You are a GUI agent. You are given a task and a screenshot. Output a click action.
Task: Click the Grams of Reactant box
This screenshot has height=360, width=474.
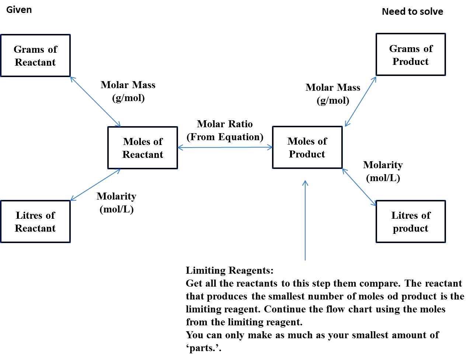35,56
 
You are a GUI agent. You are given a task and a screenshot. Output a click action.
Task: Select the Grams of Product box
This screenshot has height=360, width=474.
411,55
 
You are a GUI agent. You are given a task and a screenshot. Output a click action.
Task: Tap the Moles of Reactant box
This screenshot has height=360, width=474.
143,148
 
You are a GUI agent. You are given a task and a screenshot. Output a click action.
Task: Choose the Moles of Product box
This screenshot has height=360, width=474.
307,148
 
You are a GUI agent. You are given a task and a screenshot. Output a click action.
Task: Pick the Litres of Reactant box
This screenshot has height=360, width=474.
35,222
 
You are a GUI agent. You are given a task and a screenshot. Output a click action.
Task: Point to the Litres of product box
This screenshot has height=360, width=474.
411,222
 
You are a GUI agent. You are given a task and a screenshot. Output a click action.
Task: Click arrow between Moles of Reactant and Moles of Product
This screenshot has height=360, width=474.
225,148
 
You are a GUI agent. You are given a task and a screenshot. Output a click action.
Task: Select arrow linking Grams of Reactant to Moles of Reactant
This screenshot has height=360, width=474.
95,101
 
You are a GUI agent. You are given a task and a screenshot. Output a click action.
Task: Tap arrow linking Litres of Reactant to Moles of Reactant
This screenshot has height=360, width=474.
95,185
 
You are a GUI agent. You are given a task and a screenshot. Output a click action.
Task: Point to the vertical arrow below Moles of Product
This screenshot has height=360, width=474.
305,221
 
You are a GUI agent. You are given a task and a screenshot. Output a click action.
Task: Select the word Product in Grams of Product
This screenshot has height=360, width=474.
410,62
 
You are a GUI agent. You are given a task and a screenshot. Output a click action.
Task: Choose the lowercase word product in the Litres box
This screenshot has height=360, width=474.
410,229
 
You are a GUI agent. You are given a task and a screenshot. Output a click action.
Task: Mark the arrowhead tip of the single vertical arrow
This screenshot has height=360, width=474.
305,181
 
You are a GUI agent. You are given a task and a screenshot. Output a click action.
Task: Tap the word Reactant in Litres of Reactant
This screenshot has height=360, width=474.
35,228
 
